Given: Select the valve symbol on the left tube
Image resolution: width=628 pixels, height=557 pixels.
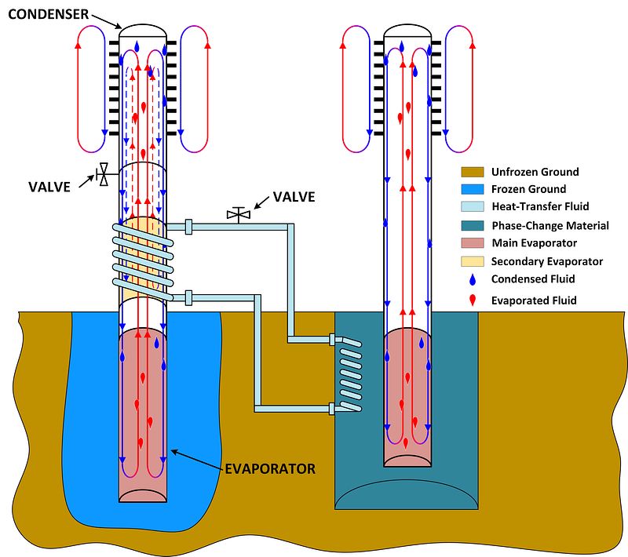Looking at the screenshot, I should (x=103, y=174).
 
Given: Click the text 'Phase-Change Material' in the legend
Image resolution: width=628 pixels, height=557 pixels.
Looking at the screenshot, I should (x=549, y=226).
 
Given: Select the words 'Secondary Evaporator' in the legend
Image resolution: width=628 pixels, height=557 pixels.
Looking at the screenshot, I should (x=546, y=261).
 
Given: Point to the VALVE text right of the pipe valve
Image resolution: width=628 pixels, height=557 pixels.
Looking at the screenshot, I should (x=294, y=197).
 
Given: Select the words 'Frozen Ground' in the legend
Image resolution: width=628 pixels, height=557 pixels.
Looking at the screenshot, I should (x=528, y=190).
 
